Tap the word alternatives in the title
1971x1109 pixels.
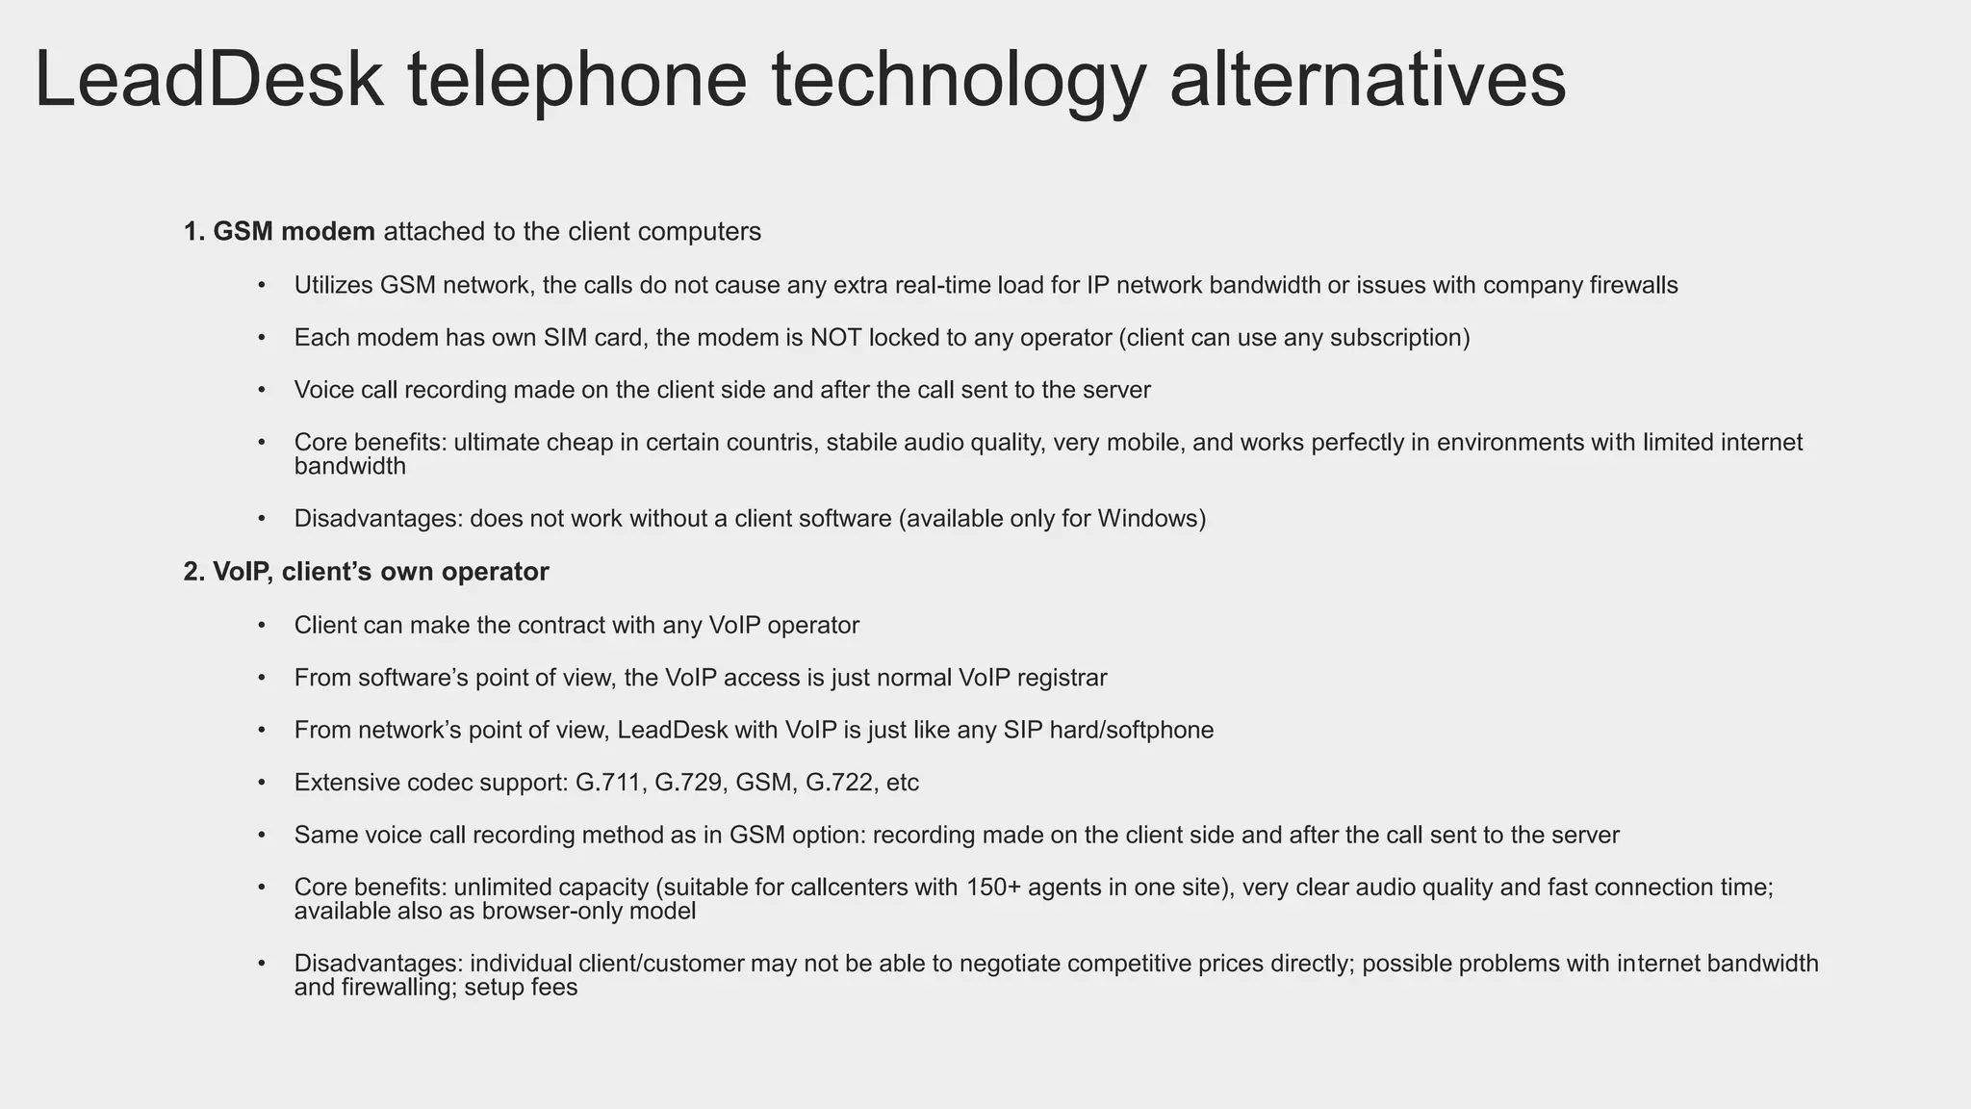pos(1368,79)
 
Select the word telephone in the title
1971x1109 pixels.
pos(576,79)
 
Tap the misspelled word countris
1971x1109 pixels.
pos(774,443)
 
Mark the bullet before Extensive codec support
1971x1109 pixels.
pos(261,783)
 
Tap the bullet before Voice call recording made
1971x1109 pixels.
pos(261,390)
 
